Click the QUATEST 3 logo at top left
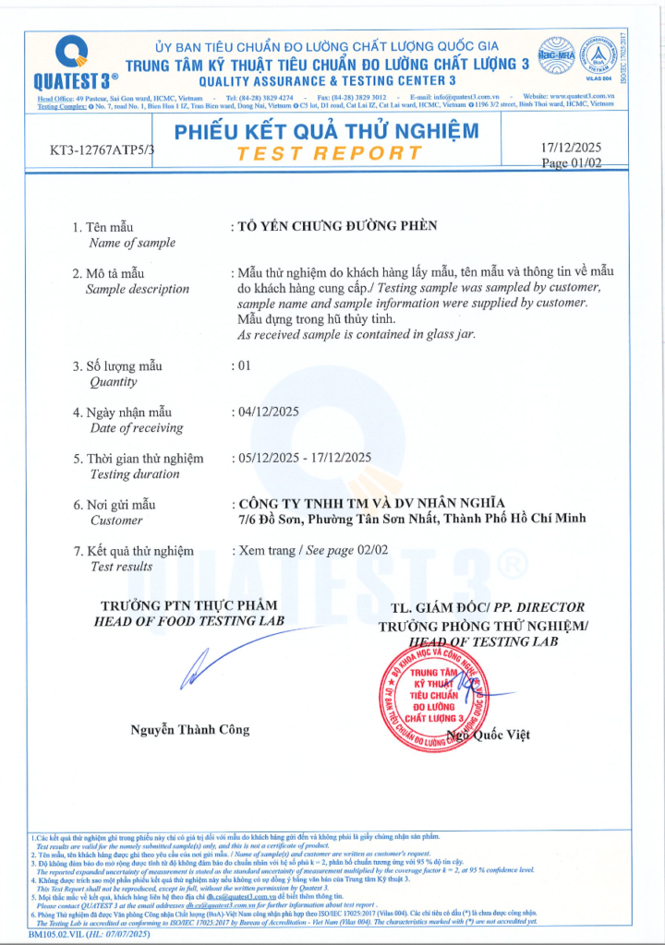coord(70,61)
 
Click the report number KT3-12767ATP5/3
coord(103,149)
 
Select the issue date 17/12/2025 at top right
coord(570,147)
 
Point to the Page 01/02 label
coord(571,162)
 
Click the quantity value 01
coord(245,365)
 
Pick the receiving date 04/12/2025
coord(269,412)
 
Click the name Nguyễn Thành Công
coord(189,729)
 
